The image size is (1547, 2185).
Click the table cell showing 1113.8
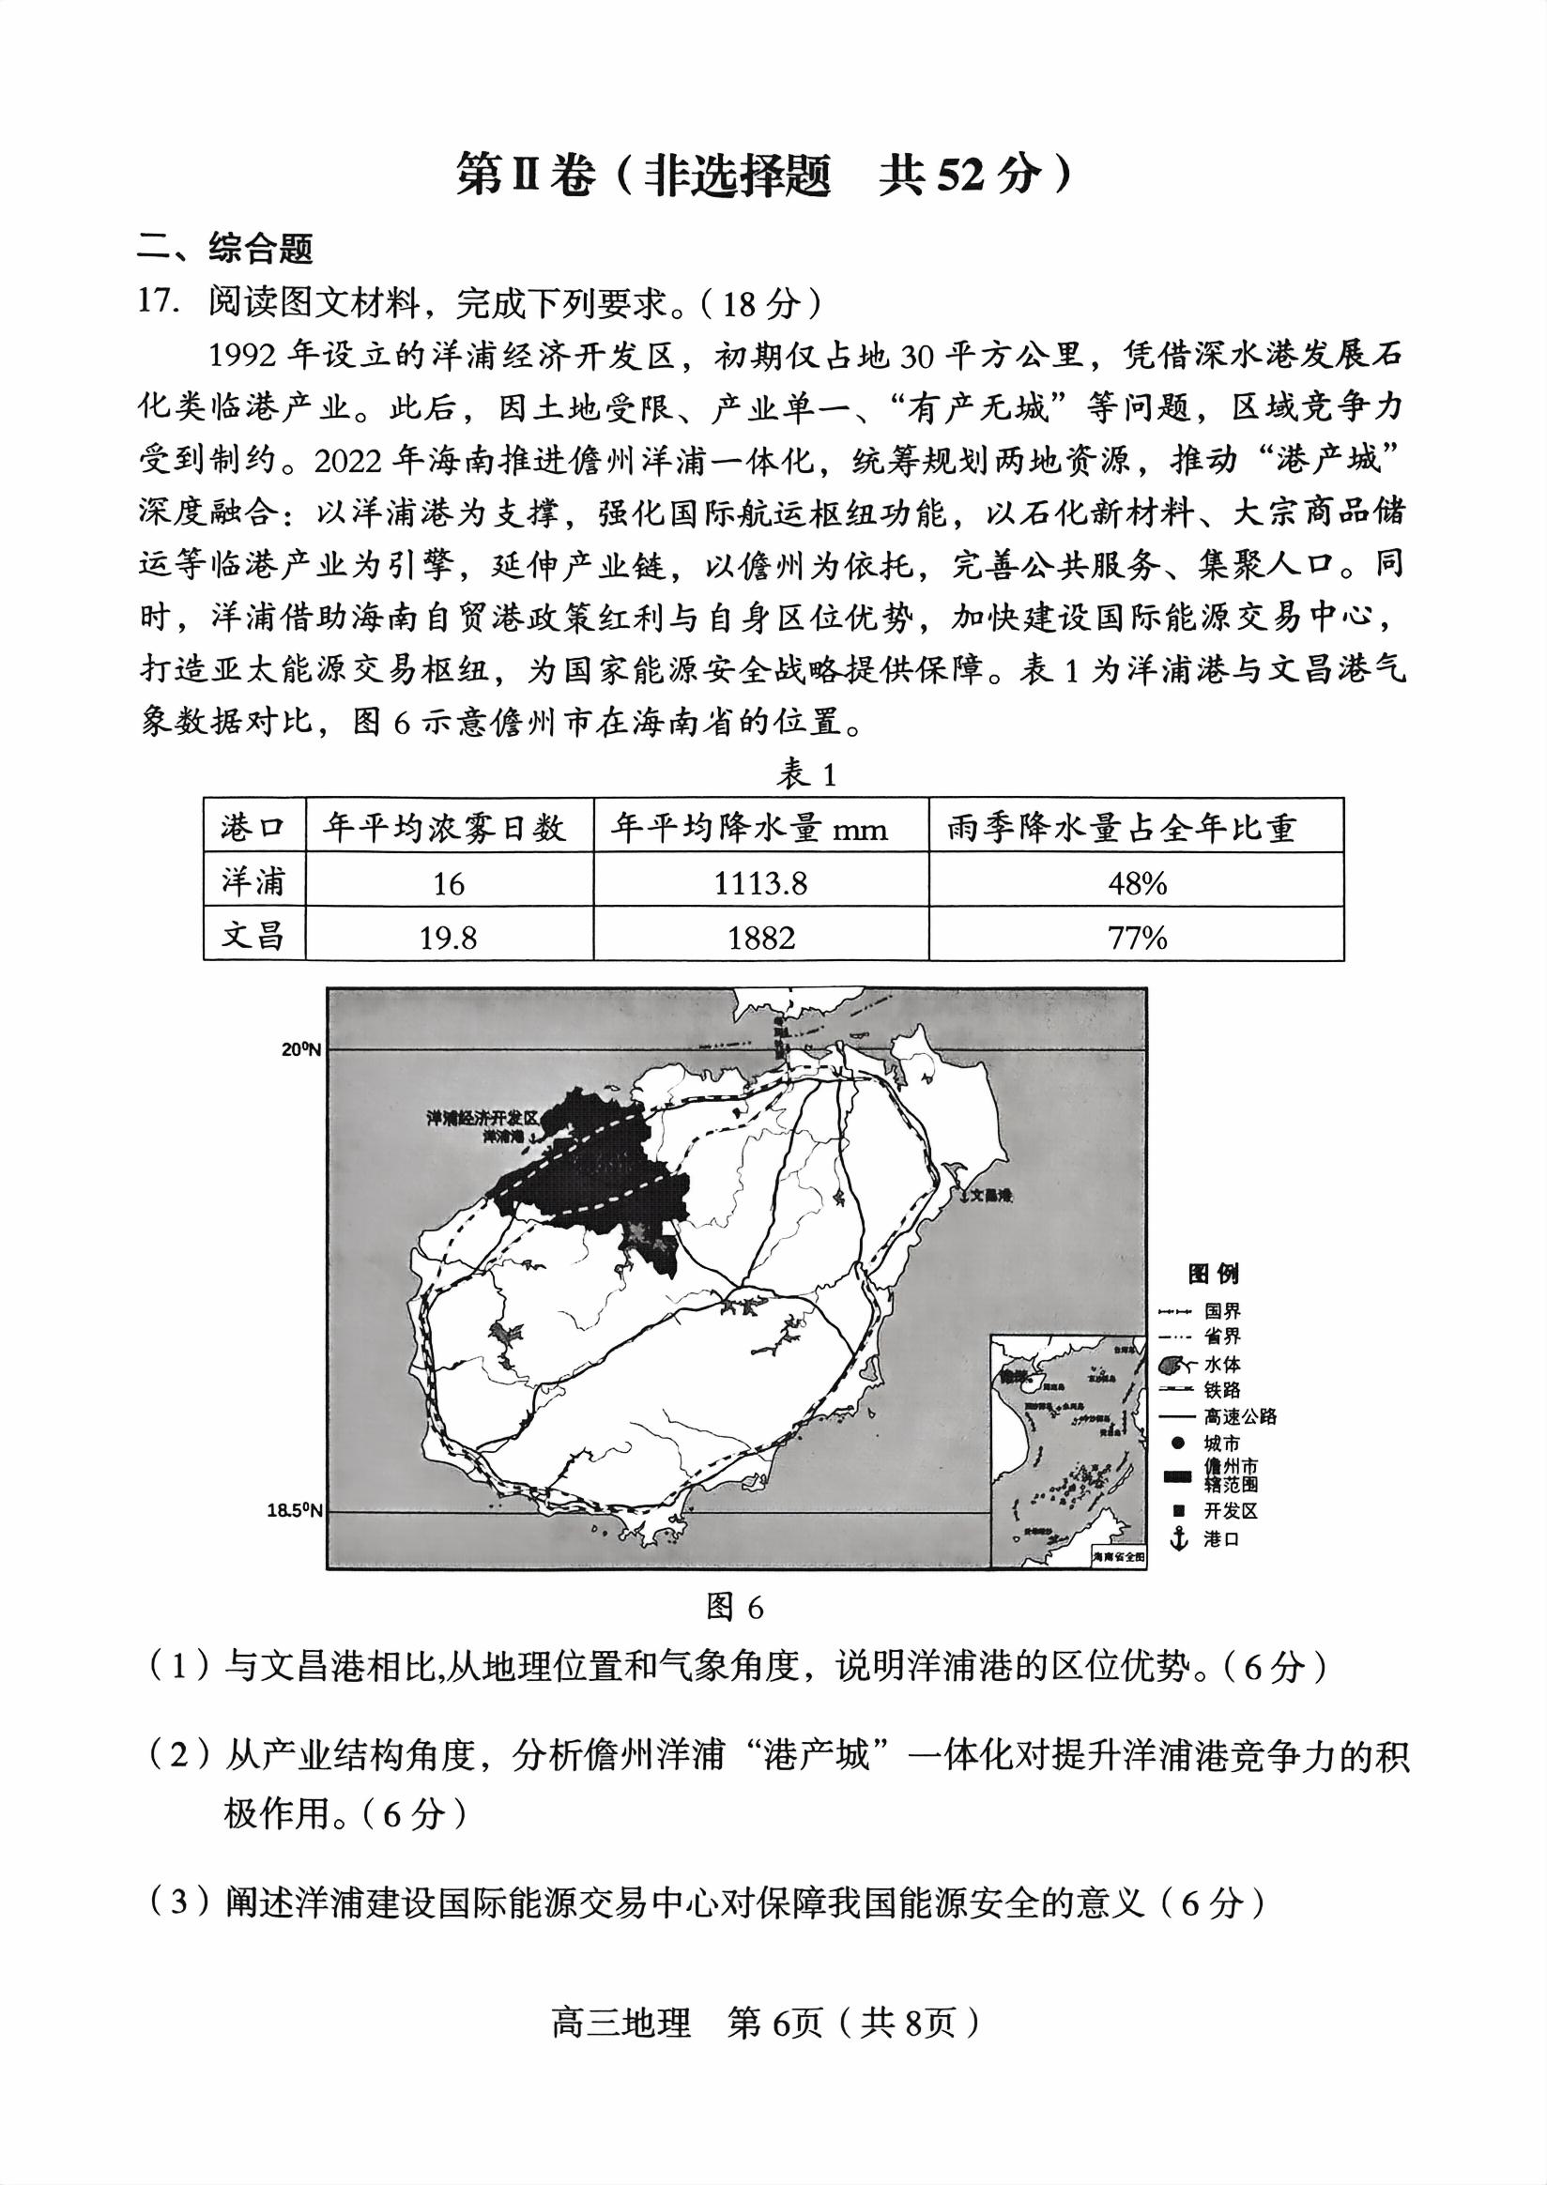pyautogui.click(x=760, y=883)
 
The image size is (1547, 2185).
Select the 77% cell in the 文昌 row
pyautogui.click(x=1137, y=939)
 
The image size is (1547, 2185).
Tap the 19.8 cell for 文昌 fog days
pyautogui.click(x=449, y=939)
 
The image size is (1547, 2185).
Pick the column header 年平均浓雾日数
pyautogui.click(x=449, y=828)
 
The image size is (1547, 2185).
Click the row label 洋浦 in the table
pyautogui.click(x=253, y=883)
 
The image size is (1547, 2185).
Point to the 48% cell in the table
pyautogui.click(x=1137, y=883)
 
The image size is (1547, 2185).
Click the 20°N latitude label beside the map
pyautogui.click(x=300, y=1050)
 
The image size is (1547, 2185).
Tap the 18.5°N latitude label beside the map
pyautogui.click(x=295, y=1509)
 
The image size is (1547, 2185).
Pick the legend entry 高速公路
pyautogui.click(x=1239, y=1416)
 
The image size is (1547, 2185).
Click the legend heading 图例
pyautogui.click(x=1213, y=1275)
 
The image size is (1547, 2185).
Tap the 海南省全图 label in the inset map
pyautogui.click(x=1118, y=1555)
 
